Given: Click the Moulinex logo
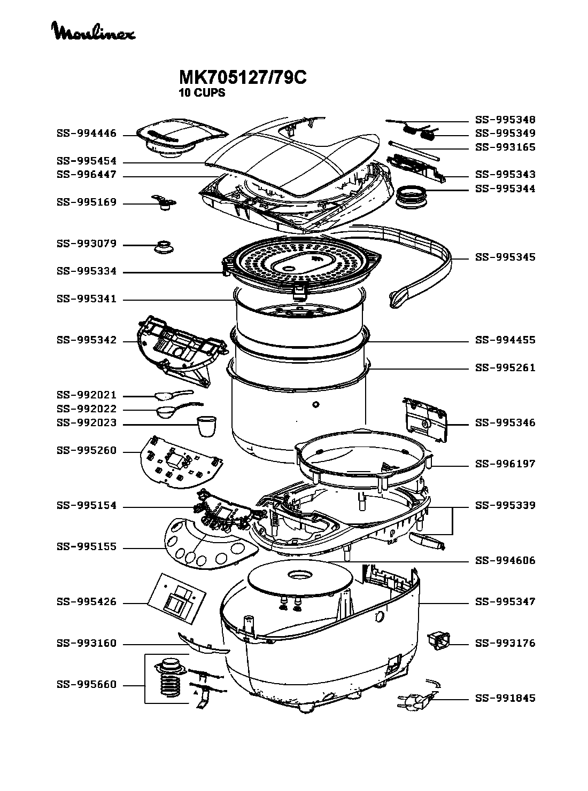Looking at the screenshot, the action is coord(94,31).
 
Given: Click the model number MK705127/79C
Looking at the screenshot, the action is coord(242,77).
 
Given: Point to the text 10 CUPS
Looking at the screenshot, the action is coord(202,93).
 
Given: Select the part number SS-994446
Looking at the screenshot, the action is coord(87,134).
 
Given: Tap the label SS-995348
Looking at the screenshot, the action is coord(505,120).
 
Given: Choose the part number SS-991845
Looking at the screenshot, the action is coord(505,698).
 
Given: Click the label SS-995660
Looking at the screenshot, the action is coord(87,684).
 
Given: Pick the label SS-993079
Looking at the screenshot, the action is coord(87,244).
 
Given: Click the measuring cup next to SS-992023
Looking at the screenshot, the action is coord(207,426).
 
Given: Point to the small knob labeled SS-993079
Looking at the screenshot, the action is coord(164,246).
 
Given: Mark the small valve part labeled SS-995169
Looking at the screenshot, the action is coord(164,202).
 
